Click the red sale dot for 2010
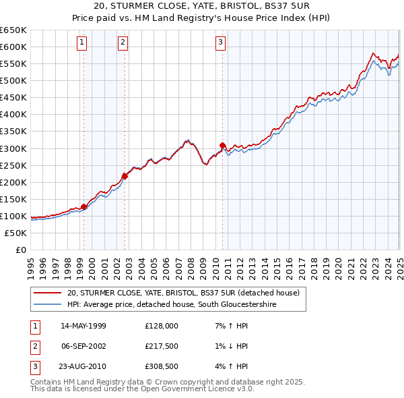(x=222, y=145)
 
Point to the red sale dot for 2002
(x=125, y=176)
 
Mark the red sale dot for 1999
(x=84, y=206)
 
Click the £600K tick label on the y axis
(x=13, y=47)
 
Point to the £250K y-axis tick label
(x=13, y=165)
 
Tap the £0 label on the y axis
(x=20, y=250)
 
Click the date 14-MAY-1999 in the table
(x=83, y=326)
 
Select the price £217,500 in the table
(x=162, y=346)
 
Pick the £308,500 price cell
(x=162, y=366)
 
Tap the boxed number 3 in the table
(x=34, y=366)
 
